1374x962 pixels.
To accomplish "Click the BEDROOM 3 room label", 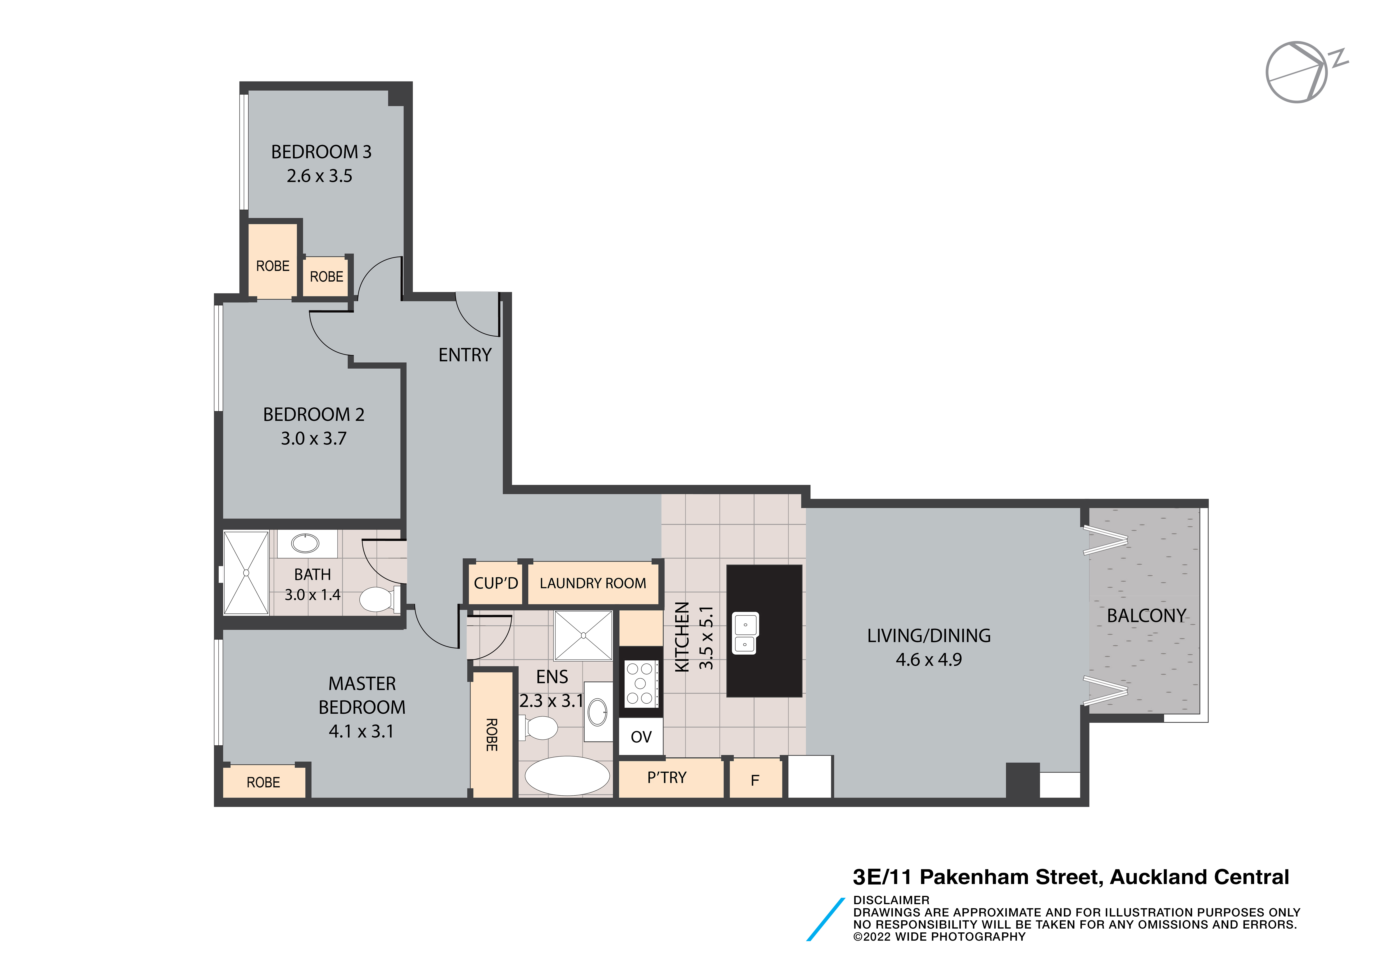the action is pyautogui.click(x=321, y=152).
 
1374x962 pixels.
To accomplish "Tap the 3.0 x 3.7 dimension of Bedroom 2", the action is pyautogui.click(x=314, y=439).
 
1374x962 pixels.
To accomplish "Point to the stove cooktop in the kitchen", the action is pyautogui.click(x=640, y=683).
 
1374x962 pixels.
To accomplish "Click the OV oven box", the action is pyautogui.click(x=641, y=737).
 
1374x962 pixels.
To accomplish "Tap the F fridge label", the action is pyautogui.click(x=755, y=781).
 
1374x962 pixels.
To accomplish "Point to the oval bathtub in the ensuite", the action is pyautogui.click(x=567, y=776).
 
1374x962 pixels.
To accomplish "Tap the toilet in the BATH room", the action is pyautogui.click(x=379, y=599).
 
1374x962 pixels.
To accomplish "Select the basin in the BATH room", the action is pyautogui.click(x=305, y=543).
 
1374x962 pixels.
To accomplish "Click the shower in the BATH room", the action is pyautogui.click(x=246, y=573).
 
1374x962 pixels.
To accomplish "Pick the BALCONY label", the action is pyautogui.click(x=1146, y=616).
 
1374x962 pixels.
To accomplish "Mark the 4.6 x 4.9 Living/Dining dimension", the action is pyautogui.click(x=929, y=660).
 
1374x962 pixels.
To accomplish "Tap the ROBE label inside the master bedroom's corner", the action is pyautogui.click(x=263, y=782).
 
